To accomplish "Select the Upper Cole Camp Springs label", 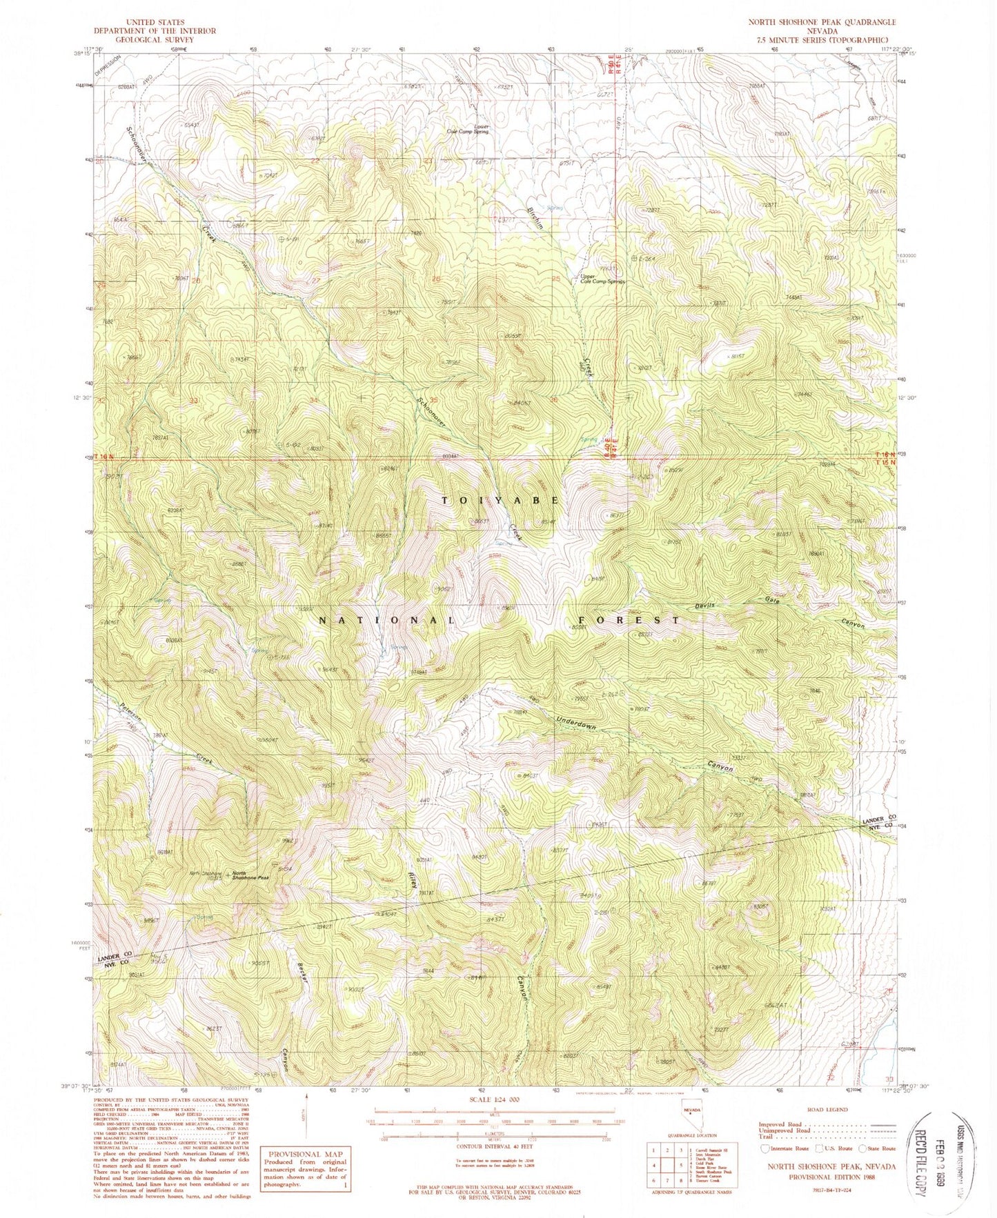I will pyautogui.click(x=602, y=279).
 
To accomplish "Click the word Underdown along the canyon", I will pyautogui.click(x=576, y=722).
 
